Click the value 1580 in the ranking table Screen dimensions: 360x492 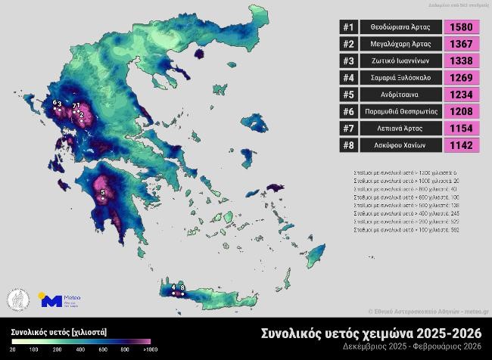461,27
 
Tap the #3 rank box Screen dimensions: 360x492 349,61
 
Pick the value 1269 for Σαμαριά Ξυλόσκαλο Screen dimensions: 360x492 461,78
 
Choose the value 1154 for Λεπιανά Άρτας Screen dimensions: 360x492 461,129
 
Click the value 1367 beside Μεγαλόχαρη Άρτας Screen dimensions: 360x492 461,44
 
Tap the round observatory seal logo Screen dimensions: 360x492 17,299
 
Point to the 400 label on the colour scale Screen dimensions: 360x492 80,350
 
